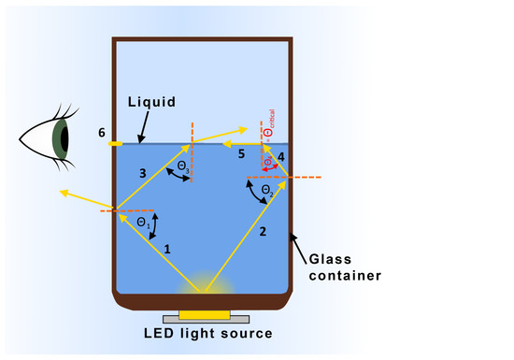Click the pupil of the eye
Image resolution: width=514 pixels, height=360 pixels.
[x=62, y=138]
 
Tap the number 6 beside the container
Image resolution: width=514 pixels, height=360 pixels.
[x=101, y=133]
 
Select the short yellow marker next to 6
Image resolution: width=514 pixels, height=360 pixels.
[x=115, y=144]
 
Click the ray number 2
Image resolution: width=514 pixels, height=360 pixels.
[x=263, y=231]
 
